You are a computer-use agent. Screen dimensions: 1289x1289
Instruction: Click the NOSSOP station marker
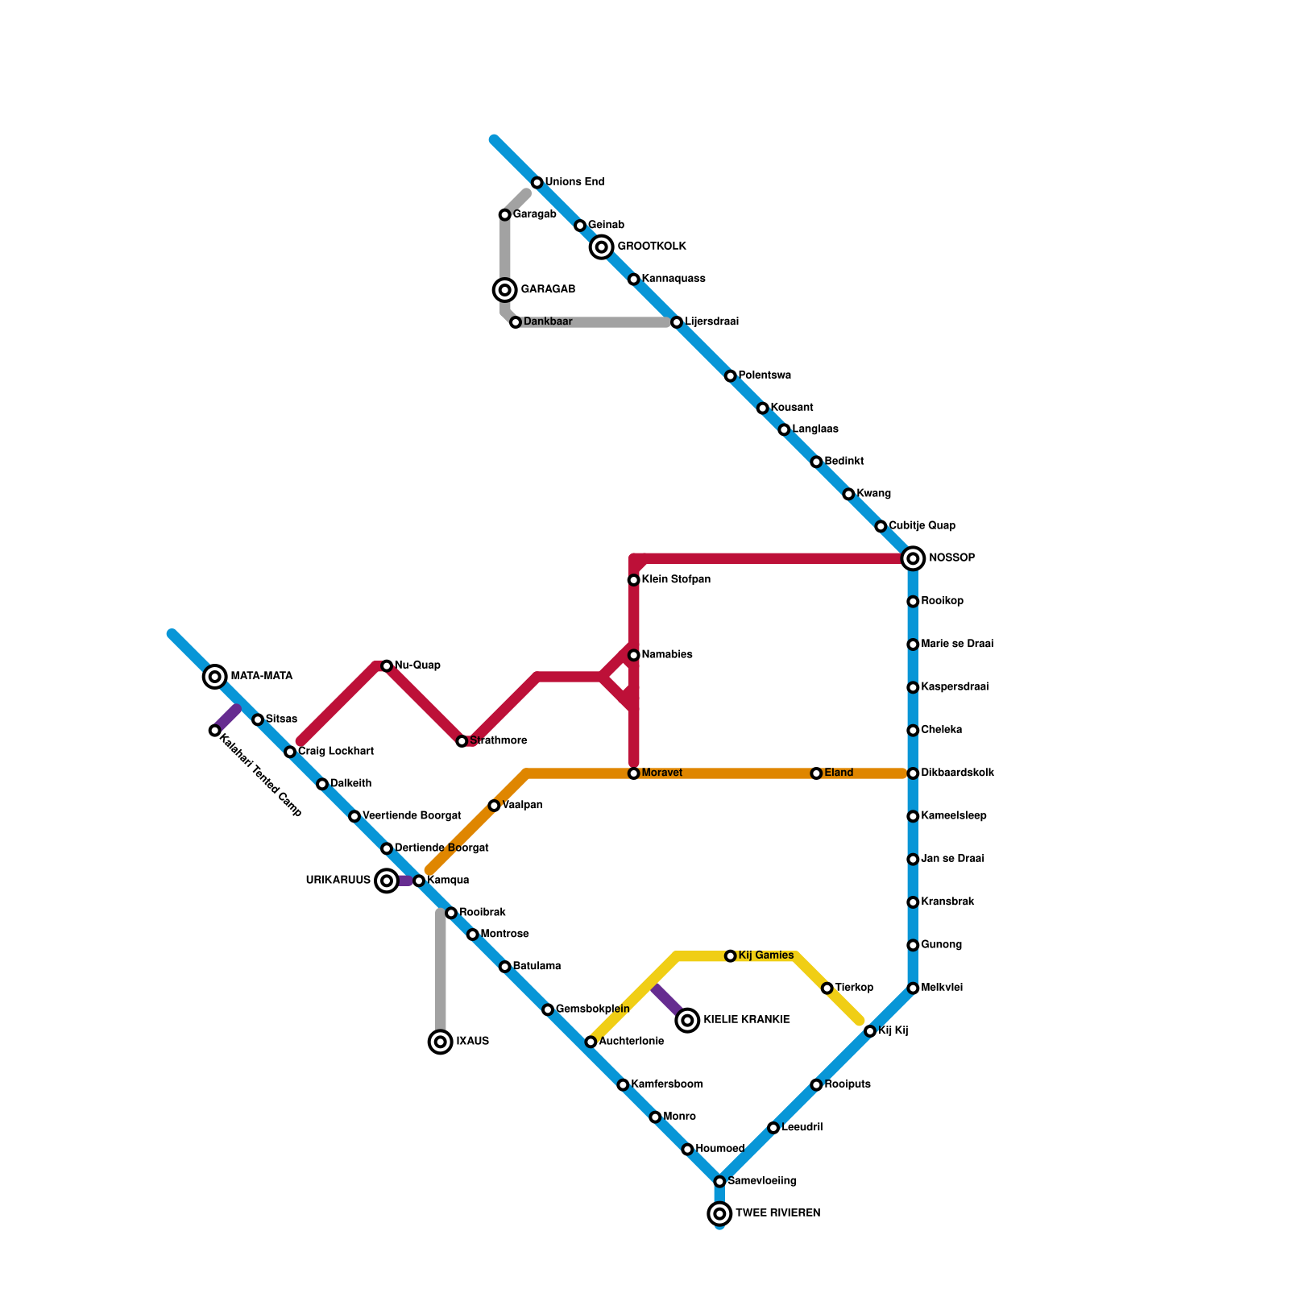click(913, 558)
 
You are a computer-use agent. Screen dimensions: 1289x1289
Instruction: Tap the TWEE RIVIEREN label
click(777, 1213)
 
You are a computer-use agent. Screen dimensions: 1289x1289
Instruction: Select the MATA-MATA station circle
click(214, 677)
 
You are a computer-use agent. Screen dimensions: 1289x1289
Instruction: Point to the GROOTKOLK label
click(651, 247)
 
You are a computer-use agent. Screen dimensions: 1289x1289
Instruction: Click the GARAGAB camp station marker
click(505, 290)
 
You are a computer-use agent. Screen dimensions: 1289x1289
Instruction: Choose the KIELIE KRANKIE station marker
click(687, 1021)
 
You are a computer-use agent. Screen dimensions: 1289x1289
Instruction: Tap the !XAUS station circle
click(440, 1042)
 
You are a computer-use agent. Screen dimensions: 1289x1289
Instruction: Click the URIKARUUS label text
click(338, 881)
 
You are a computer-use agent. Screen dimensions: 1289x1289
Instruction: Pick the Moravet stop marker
click(634, 773)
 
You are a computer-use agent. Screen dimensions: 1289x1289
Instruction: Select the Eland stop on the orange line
click(816, 773)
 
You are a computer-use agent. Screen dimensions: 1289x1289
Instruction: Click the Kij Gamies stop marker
click(730, 956)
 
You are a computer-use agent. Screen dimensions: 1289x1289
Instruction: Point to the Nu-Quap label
click(417, 665)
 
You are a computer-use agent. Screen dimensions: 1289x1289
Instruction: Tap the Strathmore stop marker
click(462, 741)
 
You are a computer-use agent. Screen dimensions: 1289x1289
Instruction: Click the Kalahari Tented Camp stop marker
click(214, 731)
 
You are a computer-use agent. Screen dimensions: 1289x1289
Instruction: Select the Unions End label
click(574, 182)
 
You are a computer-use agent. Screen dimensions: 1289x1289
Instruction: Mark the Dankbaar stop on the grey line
click(516, 322)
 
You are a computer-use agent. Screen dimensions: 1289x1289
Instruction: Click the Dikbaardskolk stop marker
click(913, 773)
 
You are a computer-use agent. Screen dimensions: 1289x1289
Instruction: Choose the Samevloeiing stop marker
click(719, 1182)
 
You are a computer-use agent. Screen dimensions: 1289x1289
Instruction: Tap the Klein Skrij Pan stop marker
click(634, 580)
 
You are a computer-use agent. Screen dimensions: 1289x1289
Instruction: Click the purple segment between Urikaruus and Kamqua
click(405, 881)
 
